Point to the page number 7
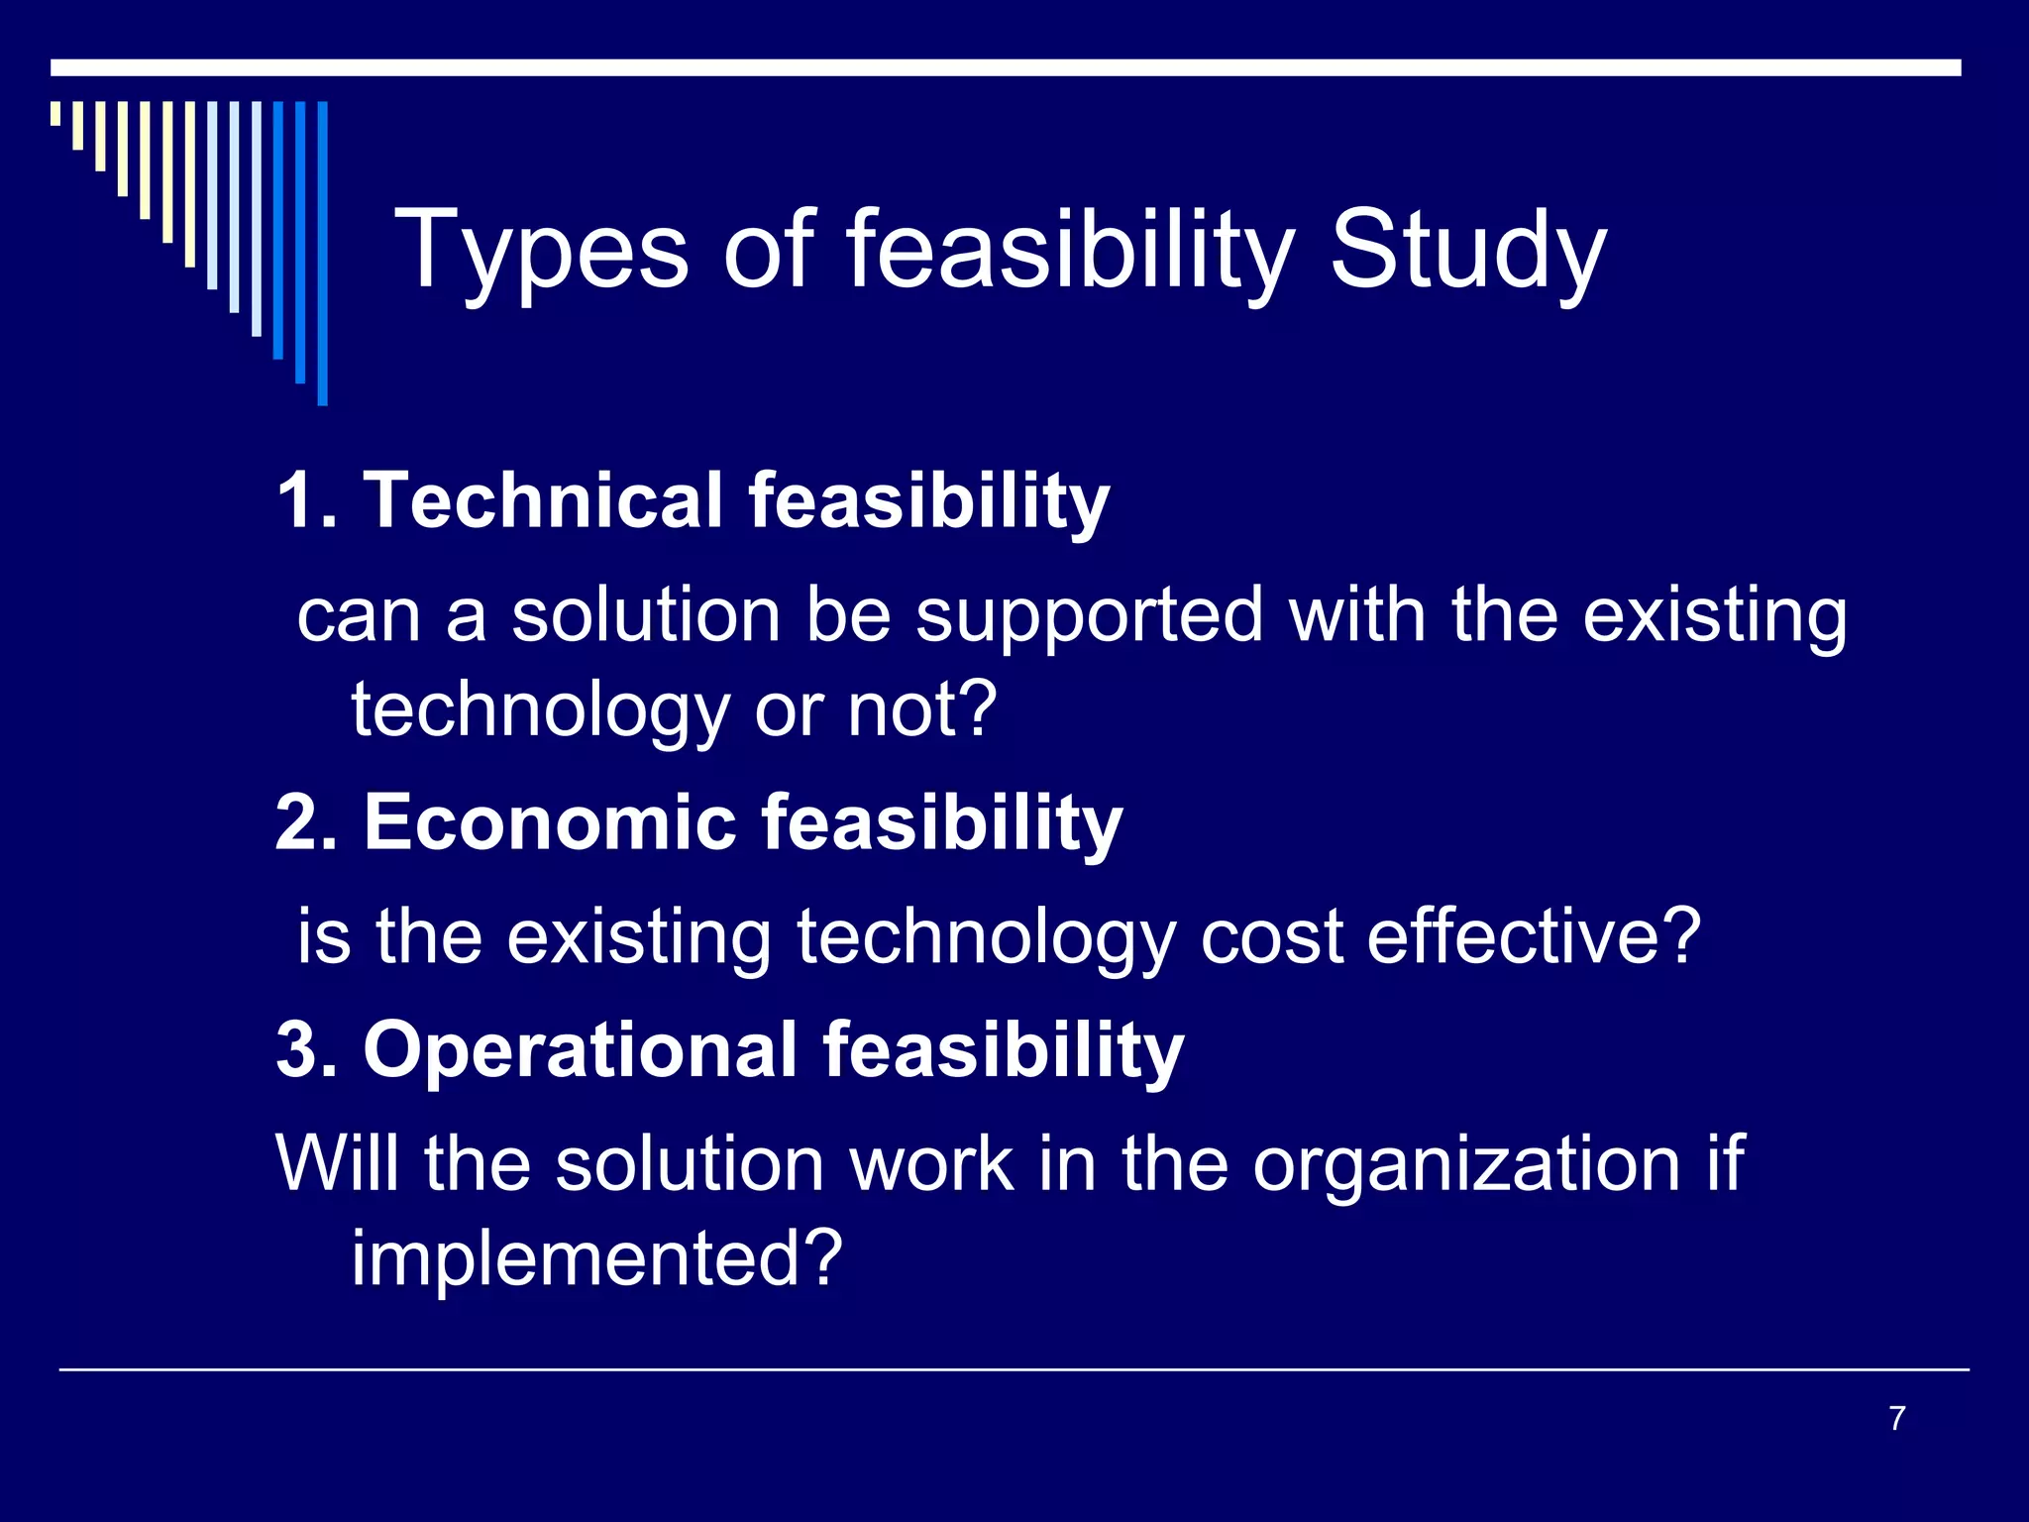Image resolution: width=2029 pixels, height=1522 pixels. [x=1896, y=1418]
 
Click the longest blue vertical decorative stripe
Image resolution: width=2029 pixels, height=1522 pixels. [x=322, y=253]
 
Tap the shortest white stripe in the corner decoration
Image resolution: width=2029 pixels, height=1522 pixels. [x=55, y=113]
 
